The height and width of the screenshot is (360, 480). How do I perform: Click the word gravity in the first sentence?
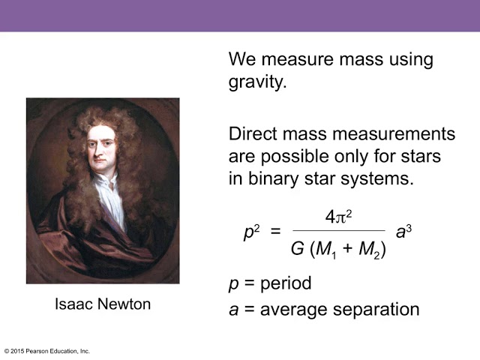click(x=256, y=82)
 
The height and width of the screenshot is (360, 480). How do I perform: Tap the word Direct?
click(x=252, y=133)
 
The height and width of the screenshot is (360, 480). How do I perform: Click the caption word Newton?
click(x=124, y=304)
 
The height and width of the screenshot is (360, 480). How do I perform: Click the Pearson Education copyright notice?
click(x=46, y=351)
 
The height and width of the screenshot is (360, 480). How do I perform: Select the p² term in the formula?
click(x=251, y=232)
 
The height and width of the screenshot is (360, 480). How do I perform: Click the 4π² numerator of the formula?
click(x=338, y=217)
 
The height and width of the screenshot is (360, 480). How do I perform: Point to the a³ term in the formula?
click(x=403, y=232)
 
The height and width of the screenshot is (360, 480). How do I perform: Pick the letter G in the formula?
click(x=297, y=248)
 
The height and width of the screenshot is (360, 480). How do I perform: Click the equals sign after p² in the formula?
click(x=275, y=231)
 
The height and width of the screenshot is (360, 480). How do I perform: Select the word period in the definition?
click(x=286, y=283)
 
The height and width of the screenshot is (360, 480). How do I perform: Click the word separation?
click(x=376, y=310)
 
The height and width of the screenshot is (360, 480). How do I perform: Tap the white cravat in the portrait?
click(x=109, y=196)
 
